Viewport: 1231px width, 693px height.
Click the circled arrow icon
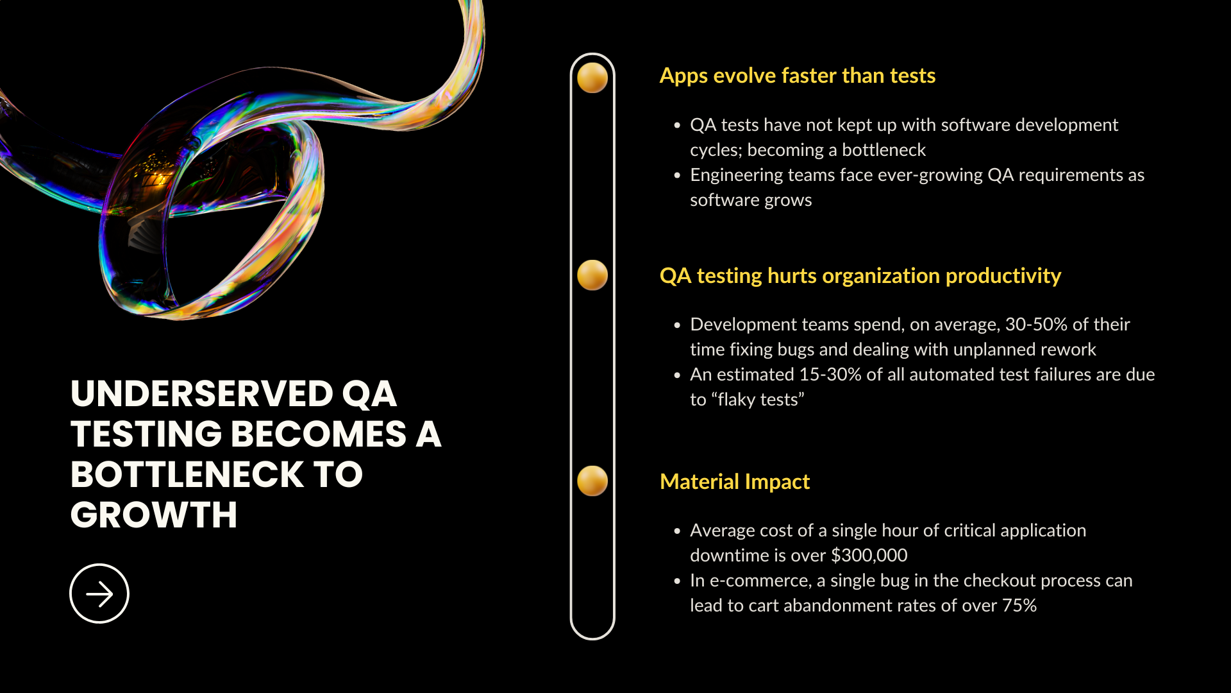click(99, 594)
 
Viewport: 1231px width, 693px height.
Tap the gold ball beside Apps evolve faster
click(592, 78)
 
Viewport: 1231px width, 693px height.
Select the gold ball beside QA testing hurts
click(592, 275)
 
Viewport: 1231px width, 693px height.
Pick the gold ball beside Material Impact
click(592, 481)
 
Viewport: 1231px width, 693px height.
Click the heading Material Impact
click(735, 482)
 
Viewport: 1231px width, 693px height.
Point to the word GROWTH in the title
click(154, 515)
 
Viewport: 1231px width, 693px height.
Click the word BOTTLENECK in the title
click(187, 474)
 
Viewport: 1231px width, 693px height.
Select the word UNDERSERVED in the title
click(202, 393)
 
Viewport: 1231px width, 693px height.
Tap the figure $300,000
click(869, 556)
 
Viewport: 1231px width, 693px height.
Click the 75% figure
click(1019, 606)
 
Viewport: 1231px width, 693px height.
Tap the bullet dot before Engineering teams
click(677, 175)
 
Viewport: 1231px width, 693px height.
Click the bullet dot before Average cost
click(677, 531)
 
